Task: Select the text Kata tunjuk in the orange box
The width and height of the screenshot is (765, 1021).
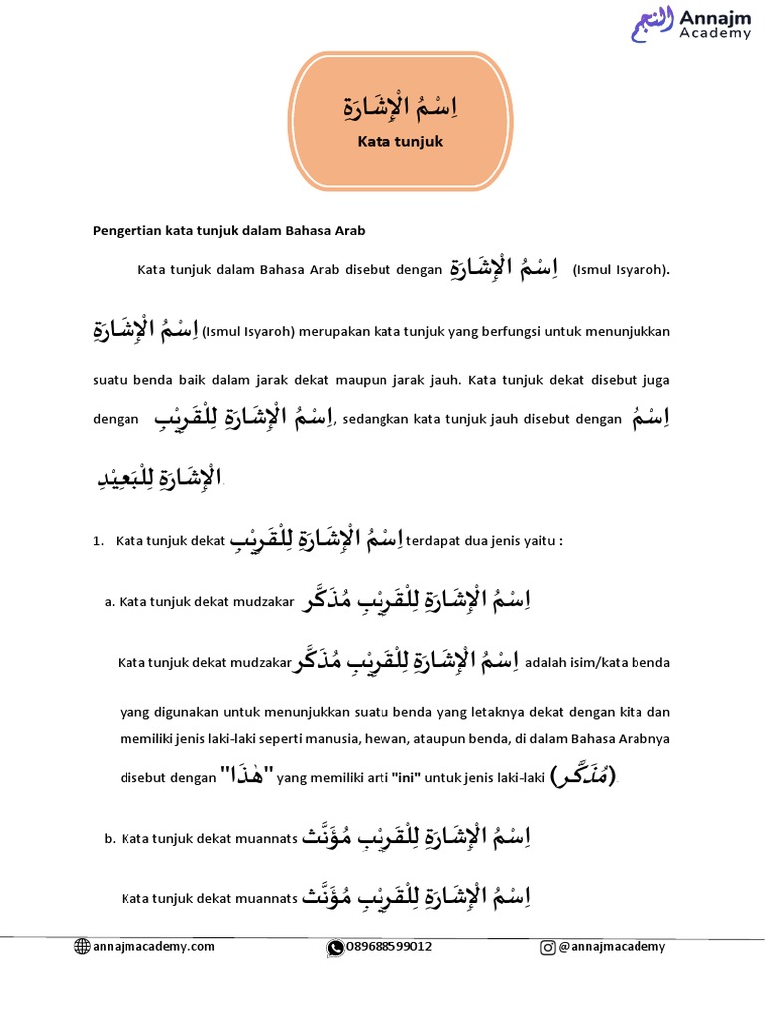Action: click(399, 142)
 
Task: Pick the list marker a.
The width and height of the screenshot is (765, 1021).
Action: click(108, 603)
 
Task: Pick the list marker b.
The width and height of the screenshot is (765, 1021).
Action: click(108, 839)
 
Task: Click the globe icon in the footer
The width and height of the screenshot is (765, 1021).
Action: click(82, 947)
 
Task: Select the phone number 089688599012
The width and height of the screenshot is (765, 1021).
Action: click(388, 947)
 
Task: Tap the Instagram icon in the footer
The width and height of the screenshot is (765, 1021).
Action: click(548, 947)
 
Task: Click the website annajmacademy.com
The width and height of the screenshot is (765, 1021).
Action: click(153, 947)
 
